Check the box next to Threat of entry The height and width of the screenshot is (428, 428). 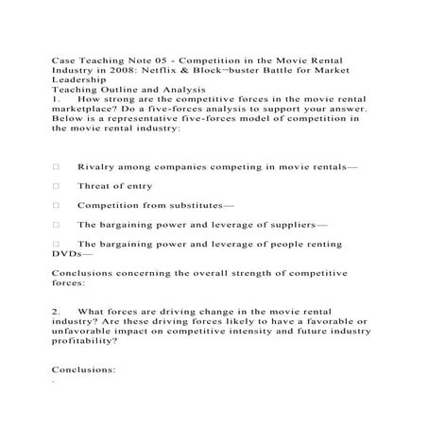tap(57, 186)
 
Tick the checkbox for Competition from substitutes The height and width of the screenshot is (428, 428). tap(57, 205)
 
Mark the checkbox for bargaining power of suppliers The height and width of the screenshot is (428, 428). tap(57, 225)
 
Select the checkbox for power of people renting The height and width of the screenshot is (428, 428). tap(57, 245)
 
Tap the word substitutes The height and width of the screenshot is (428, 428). tap(197, 205)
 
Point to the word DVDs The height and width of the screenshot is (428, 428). tap(68, 254)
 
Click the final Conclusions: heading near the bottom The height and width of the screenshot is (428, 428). tap(84, 371)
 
